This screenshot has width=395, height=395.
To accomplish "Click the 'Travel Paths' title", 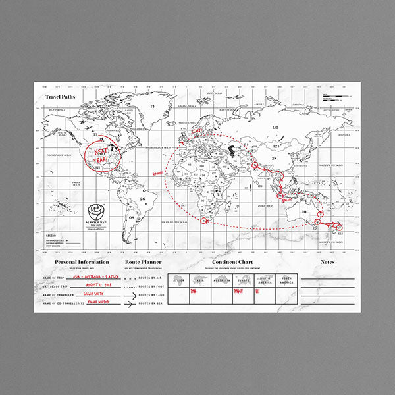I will [61, 97].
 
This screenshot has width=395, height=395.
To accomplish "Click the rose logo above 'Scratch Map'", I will [97, 211].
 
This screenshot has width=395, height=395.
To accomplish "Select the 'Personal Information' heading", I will [82, 262].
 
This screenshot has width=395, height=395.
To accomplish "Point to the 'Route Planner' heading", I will [142, 262].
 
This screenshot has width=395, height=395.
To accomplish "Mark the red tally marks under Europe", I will [242, 292].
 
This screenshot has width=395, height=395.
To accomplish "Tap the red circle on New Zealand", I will [340, 228].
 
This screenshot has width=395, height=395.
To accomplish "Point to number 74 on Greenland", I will [151, 106].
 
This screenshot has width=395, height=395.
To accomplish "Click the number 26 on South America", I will [142, 198].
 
